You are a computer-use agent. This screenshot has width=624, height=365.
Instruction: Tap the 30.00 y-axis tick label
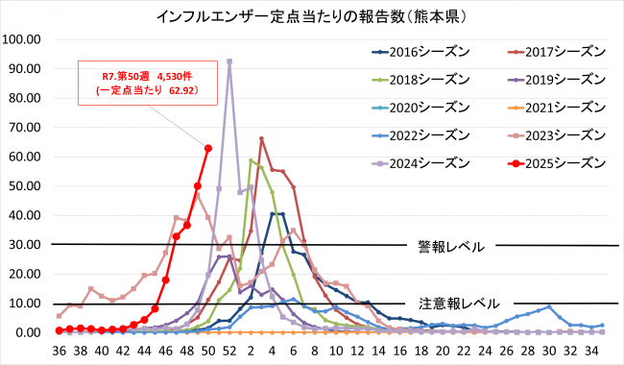click(x=25, y=245)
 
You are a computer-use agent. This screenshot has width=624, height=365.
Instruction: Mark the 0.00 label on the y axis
click(x=28, y=332)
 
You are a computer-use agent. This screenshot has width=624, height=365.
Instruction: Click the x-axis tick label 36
click(x=59, y=351)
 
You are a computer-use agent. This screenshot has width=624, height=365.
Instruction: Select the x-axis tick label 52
click(x=228, y=351)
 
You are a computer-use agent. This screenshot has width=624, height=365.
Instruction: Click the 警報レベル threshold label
click(x=450, y=246)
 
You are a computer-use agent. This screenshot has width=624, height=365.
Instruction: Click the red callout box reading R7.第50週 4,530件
click(x=147, y=83)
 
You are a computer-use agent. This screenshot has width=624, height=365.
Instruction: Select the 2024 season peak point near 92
click(x=228, y=61)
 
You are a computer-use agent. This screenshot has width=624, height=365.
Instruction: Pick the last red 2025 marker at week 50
click(x=207, y=148)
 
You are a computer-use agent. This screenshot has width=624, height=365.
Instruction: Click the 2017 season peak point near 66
click(x=261, y=139)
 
